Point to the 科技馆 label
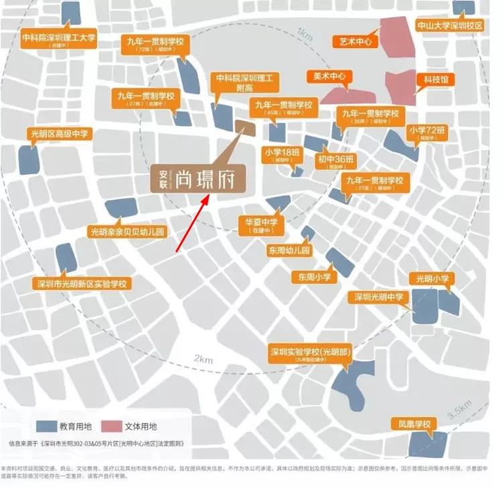[x=435, y=80]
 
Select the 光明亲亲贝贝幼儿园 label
[x=127, y=232]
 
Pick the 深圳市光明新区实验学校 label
[x=83, y=284]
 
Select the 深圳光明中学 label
[x=378, y=297]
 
